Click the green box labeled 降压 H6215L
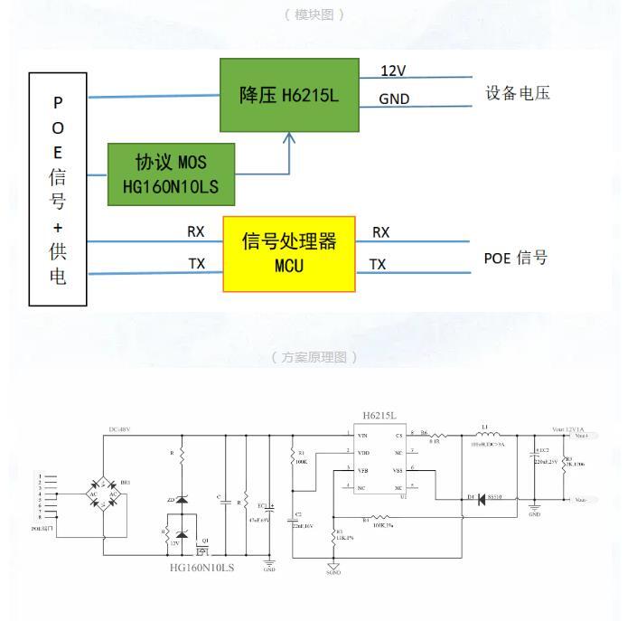pyautogui.click(x=289, y=95)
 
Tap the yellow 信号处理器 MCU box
pyautogui.click(x=289, y=253)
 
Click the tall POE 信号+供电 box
pyautogui.click(x=58, y=189)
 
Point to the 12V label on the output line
pyautogui.click(x=393, y=71)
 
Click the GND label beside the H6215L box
pyautogui.click(x=394, y=99)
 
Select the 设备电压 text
pyautogui.click(x=517, y=93)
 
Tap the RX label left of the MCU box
pyautogui.click(x=196, y=232)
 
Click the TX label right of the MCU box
pyautogui.click(x=378, y=264)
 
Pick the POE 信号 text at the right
pyautogui.click(x=515, y=258)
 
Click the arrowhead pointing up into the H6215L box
pyautogui.click(x=289, y=138)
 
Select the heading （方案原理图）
pyautogui.click(x=314, y=357)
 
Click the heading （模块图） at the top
pyautogui.click(x=314, y=14)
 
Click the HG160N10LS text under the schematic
pyautogui.click(x=201, y=568)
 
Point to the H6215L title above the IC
pyautogui.click(x=379, y=416)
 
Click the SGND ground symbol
pyautogui.click(x=333, y=568)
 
